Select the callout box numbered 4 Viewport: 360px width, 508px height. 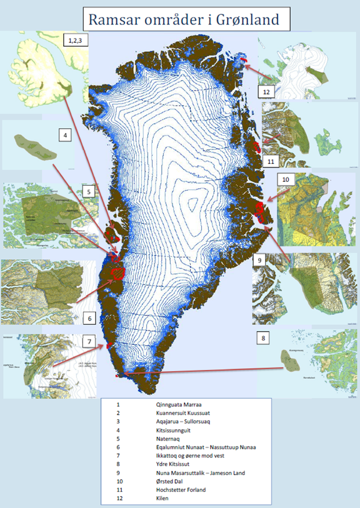tap(64, 135)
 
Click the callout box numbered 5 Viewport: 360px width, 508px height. tap(89, 192)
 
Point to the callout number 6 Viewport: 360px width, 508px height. tap(89, 319)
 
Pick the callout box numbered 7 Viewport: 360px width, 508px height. tap(89, 342)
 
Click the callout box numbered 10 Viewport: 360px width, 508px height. tap(286, 179)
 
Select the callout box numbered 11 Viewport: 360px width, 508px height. tap(271, 162)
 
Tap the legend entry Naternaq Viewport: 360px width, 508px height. tap(171, 439)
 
